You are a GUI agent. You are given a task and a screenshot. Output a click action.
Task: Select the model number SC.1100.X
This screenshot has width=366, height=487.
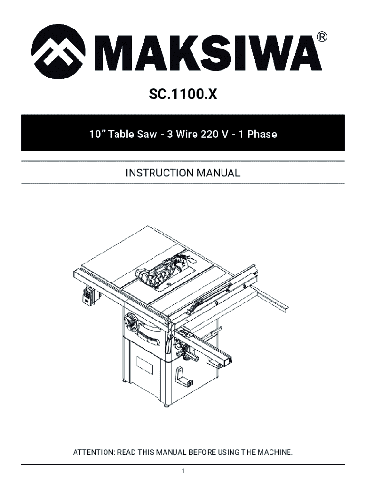[183, 95]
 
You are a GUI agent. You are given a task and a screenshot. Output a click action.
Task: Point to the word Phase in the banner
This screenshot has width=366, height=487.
[262, 134]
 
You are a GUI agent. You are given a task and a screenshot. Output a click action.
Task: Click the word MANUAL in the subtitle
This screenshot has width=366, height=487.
[219, 173]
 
